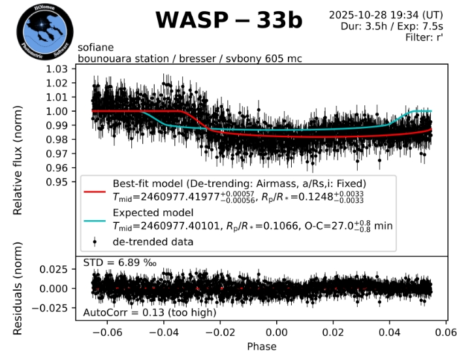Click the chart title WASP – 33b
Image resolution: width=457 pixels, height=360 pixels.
tap(228, 21)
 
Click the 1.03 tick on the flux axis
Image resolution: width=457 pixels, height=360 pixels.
tap(57, 69)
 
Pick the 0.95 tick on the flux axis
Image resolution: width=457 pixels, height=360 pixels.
tap(57, 182)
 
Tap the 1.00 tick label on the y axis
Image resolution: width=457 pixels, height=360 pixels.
tap(57, 111)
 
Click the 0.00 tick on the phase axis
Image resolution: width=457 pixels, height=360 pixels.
tap(277, 332)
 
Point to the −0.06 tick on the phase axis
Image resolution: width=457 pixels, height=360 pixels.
tap(105, 332)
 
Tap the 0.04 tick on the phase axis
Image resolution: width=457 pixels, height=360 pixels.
tap(390, 332)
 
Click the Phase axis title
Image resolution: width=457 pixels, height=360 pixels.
tap(262, 346)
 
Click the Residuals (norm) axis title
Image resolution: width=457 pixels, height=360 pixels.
tap(18, 287)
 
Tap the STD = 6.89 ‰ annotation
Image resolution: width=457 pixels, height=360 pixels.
tap(119, 263)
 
